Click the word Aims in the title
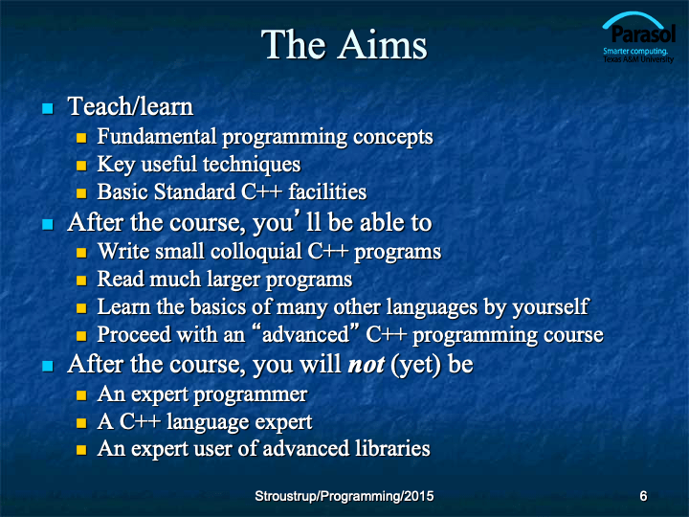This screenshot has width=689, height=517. tap(382, 44)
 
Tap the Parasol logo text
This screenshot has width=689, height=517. tap(643, 34)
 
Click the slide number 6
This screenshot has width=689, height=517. tap(643, 496)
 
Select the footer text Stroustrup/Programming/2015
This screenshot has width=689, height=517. tap(344, 496)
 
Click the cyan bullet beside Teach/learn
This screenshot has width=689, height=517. tap(48, 108)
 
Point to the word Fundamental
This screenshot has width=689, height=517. tap(157, 136)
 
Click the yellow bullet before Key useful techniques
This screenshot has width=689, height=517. tap(81, 166)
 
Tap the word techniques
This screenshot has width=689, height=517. tap(252, 165)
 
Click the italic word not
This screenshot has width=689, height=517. tap(366, 365)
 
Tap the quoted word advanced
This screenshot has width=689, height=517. tap(305, 334)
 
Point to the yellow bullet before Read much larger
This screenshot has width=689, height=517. tap(81, 281)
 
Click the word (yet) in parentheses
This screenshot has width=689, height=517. tap(415, 365)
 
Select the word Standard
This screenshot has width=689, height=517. tap(194, 191)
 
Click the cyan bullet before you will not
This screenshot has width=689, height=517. tap(48, 366)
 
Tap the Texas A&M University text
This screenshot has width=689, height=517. tap(638, 59)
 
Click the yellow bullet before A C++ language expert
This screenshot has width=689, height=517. tap(81, 423)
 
